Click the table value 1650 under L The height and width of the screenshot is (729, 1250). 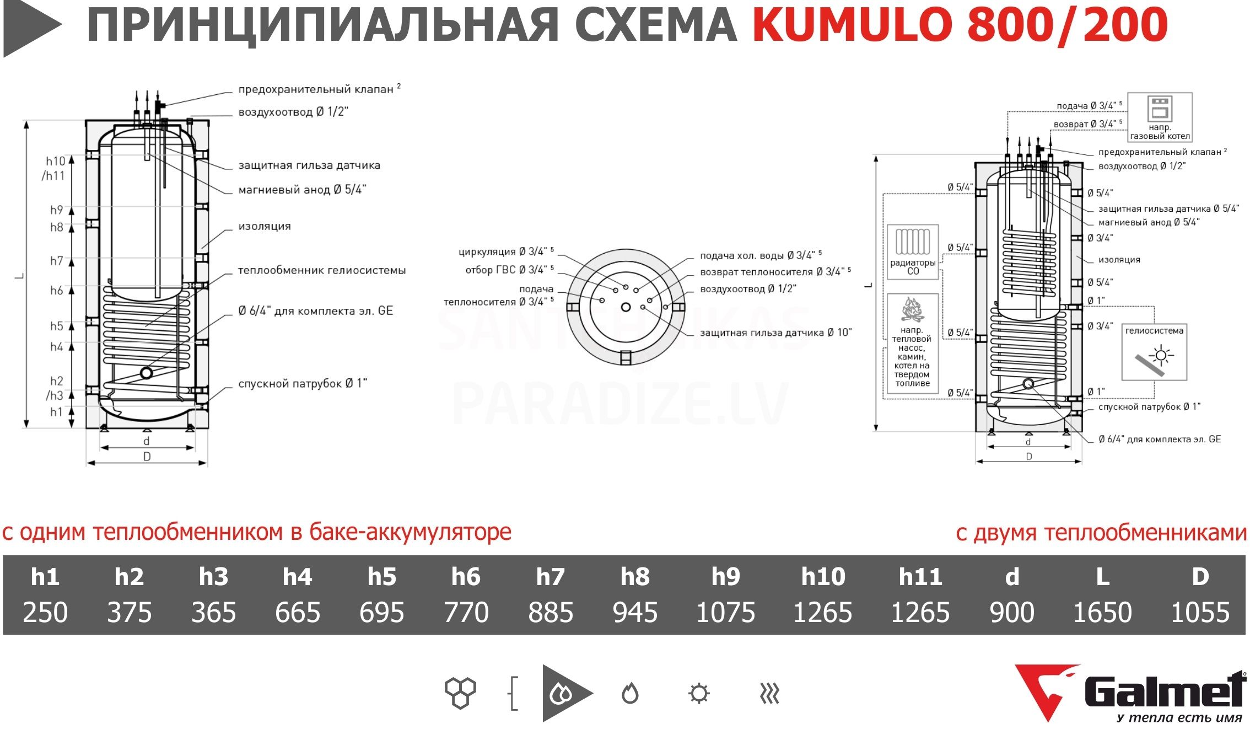[x=1102, y=612]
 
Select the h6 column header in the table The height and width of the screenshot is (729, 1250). [x=466, y=577]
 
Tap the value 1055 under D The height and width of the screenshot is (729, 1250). [x=1200, y=612]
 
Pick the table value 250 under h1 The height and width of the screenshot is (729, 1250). [x=45, y=612]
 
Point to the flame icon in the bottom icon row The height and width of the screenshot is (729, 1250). [x=630, y=693]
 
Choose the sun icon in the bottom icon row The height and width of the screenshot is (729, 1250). [x=699, y=693]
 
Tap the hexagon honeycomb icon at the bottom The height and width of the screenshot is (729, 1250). [x=460, y=693]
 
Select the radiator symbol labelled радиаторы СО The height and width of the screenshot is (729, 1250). [x=913, y=242]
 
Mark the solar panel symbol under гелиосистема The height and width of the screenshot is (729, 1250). [x=1154, y=359]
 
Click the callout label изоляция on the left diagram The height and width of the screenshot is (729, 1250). [x=265, y=226]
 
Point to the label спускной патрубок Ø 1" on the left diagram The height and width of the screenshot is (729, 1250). [x=303, y=383]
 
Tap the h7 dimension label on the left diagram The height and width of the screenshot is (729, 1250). [x=57, y=261]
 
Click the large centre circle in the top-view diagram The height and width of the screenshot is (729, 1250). [x=626, y=307]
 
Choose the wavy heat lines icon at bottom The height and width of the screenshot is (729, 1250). [x=769, y=693]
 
